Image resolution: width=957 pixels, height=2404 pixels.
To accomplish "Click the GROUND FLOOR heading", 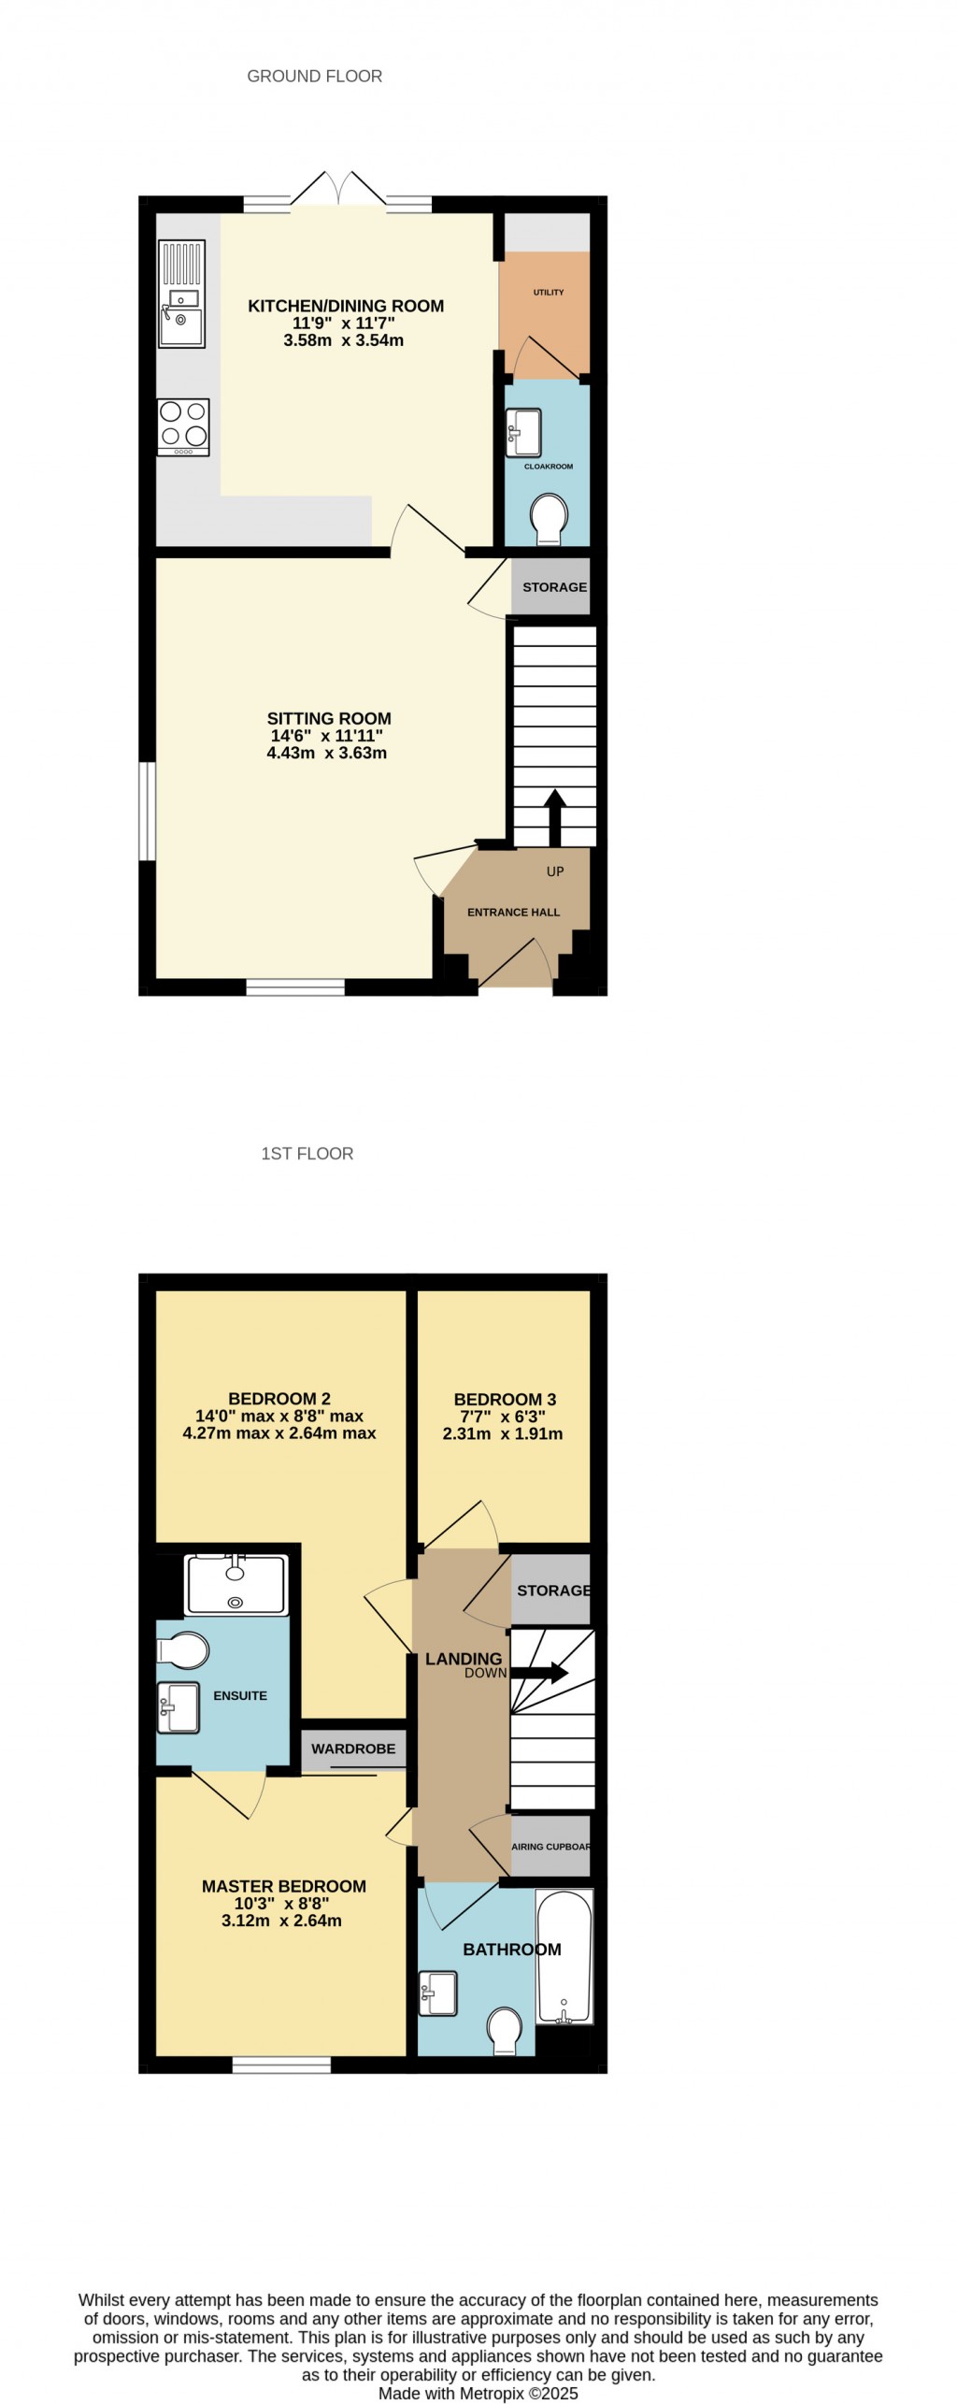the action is [314, 77].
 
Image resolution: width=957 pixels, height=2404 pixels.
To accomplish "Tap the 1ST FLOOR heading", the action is [307, 1154].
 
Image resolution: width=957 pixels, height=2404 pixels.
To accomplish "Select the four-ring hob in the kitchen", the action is [183, 427].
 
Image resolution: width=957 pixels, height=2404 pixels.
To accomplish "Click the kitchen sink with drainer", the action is [181, 295].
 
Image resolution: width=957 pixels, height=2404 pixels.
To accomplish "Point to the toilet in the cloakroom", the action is [549, 518].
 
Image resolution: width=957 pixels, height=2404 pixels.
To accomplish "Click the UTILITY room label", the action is [549, 293].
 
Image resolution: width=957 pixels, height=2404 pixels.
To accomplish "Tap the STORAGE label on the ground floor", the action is [554, 587].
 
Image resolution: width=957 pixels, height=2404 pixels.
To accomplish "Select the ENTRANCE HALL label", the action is [513, 913].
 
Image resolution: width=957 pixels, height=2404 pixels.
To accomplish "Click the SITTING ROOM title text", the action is [329, 719].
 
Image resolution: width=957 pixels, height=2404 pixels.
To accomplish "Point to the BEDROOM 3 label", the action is [505, 1400].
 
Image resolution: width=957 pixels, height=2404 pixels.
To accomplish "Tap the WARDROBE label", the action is [353, 1749].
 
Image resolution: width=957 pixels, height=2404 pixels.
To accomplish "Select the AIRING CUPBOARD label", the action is [550, 1847].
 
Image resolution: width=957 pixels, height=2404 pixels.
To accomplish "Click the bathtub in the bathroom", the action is [564, 1957].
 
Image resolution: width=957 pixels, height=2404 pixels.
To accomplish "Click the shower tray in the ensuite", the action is [236, 1584].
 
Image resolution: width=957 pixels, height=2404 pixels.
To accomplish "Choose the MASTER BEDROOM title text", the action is [284, 1887].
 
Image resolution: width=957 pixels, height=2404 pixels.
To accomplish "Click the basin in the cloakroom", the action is [523, 432].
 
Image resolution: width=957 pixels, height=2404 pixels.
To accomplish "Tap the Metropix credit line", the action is [478, 2394].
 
